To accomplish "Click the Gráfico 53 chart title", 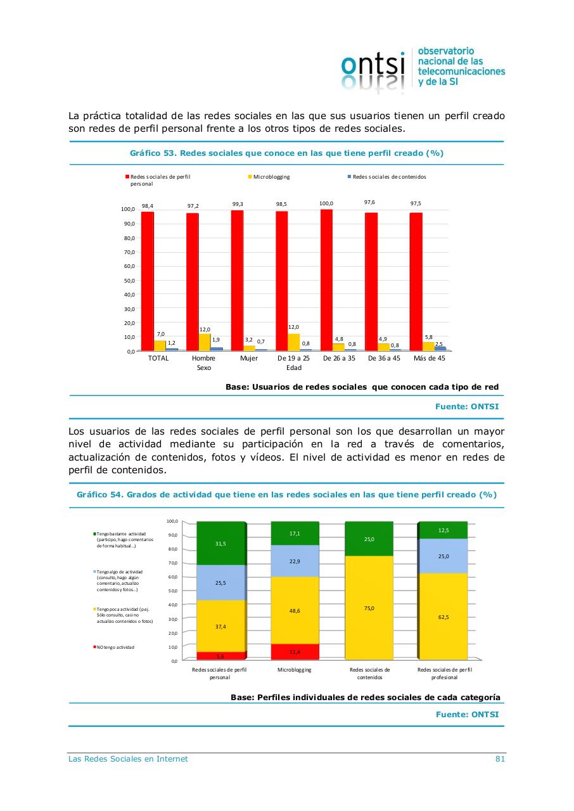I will tap(286, 153).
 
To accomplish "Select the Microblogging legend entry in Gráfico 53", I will tap(271, 177).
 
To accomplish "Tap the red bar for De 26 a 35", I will tap(326, 279).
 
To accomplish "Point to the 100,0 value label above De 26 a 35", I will tap(326, 203).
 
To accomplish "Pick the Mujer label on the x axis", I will tap(249, 358).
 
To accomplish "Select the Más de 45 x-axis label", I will tap(429, 358).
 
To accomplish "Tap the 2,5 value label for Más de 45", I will tap(438, 343).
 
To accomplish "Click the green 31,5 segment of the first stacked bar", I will tap(220, 543).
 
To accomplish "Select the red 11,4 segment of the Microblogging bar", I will tap(295, 651).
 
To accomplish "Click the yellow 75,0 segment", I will tap(369, 608).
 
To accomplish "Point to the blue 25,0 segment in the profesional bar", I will tap(443, 556).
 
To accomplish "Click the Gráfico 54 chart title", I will tap(286, 495).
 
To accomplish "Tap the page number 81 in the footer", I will tap(500, 759).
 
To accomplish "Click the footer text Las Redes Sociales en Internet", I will tap(128, 759).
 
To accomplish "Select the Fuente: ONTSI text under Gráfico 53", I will tap(467, 407).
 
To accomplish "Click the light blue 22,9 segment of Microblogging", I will tap(295, 561).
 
